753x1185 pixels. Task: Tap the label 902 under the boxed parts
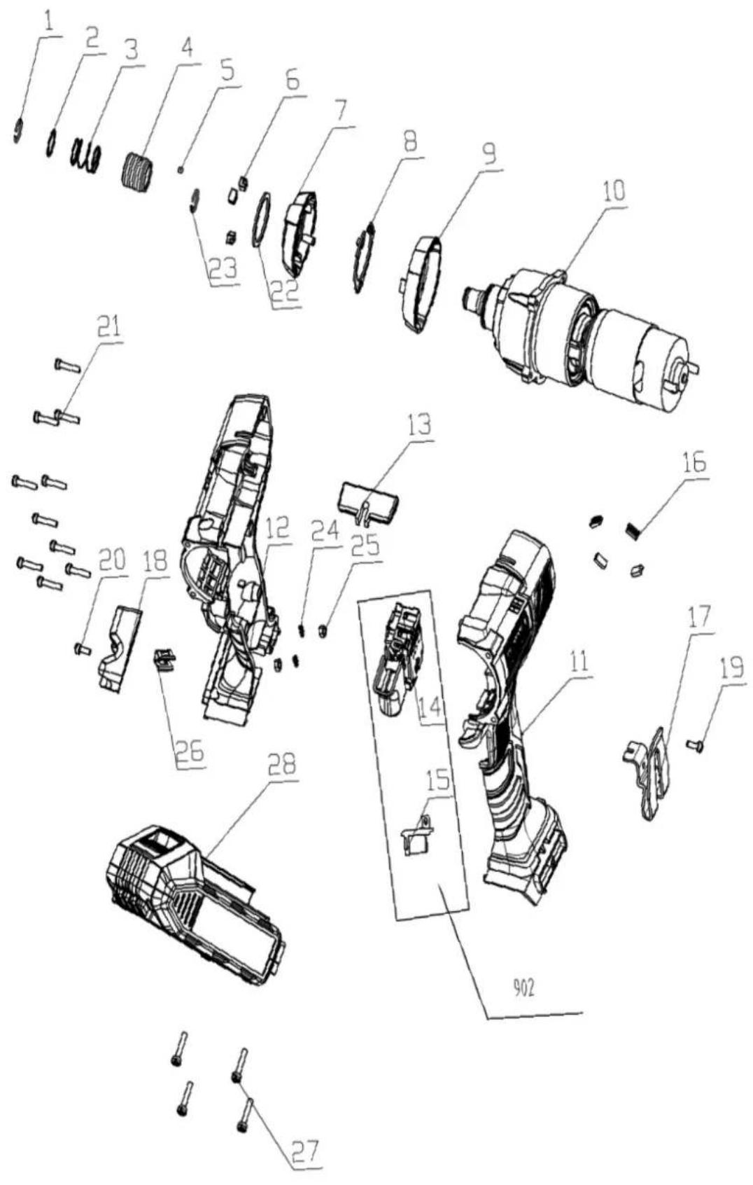(x=523, y=988)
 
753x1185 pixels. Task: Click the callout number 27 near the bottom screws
(x=305, y=1151)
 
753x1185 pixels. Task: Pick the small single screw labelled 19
(x=697, y=746)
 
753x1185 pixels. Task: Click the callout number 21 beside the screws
(x=108, y=328)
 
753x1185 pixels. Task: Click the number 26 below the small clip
(x=188, y=751)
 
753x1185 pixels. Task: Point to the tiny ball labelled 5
(x=181, y=169)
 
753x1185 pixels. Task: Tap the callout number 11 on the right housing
(x=578, y=663)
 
